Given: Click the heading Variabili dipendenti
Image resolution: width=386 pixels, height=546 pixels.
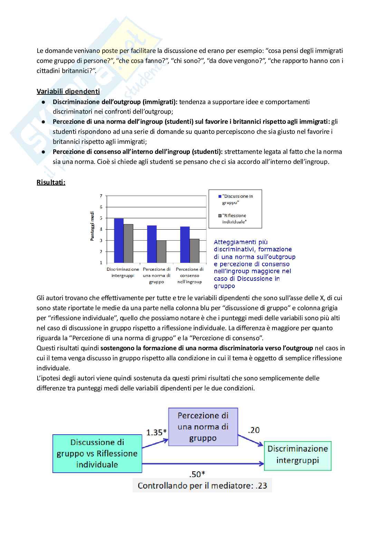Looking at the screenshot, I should tap(68, 92).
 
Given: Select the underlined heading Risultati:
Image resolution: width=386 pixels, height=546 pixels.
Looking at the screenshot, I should tap(51, 182).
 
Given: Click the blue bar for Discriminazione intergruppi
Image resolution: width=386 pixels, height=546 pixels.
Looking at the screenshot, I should tap(118, 240).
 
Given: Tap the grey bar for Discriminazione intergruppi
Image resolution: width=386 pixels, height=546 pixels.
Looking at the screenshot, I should tap(128, 243).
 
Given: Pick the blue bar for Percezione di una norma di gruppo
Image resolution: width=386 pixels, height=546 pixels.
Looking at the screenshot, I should tap(152, 244).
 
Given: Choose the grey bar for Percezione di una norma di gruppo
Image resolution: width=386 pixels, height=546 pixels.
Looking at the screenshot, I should tap(162, 251).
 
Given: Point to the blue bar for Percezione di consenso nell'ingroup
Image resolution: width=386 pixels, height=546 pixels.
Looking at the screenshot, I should tap(185, 244).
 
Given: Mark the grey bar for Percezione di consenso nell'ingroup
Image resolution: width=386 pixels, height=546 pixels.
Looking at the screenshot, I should tap(195, 251).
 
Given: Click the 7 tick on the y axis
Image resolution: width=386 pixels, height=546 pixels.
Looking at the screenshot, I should tap(101, 196).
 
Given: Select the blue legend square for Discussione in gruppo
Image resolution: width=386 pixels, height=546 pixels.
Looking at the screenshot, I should tap(220, 196).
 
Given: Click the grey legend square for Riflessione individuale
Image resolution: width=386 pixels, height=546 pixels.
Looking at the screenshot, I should tap(220, 216).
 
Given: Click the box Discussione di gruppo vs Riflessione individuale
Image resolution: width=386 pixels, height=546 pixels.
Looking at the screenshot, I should tap(97, 453).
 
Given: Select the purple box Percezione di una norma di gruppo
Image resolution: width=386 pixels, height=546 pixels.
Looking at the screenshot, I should tap(203, 427).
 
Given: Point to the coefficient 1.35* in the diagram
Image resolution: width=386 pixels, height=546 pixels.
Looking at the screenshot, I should tap(156, 432).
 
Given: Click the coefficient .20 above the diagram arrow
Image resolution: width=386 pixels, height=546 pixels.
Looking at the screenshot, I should tap(254, 430).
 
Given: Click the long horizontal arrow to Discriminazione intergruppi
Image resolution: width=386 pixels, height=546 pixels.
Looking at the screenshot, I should tap(203, 464).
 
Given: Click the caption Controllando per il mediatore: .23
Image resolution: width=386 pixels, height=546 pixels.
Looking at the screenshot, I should tap(202, 485).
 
